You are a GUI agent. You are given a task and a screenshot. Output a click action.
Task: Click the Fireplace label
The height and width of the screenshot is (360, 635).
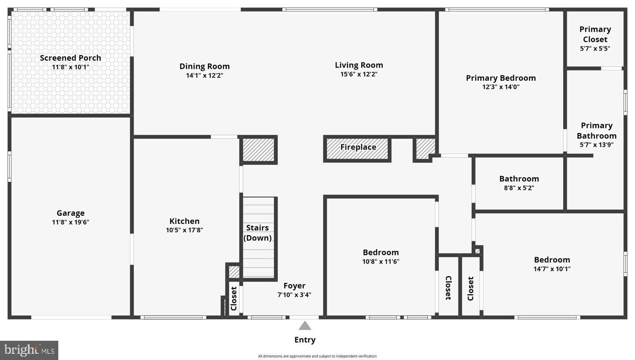tap(358, 147)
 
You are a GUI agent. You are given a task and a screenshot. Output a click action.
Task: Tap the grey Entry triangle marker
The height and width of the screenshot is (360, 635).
tap(305, 326)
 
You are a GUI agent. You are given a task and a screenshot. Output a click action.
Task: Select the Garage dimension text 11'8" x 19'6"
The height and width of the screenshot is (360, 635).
tap(71, 222)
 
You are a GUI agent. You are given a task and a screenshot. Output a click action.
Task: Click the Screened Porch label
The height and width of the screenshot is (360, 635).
tap(71, 58)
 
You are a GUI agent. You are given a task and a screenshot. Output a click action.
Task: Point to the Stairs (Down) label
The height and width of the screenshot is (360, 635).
tap(258, 233)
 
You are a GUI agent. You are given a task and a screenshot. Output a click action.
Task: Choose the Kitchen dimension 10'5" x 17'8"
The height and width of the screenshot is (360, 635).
tap(184, 230)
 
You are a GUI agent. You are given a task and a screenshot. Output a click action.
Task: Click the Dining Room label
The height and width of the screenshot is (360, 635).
tap(205, 66)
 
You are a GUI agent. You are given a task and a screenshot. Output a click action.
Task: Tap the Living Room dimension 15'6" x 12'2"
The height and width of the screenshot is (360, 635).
tap(359, 74)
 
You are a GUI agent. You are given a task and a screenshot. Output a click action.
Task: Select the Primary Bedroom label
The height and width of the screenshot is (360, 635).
tap(501, 78)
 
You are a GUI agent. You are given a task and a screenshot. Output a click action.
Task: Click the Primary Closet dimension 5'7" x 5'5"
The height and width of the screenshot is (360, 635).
tap(595, 49)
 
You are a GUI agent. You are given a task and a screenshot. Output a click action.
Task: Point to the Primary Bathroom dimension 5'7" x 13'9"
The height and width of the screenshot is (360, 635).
tap(597, 145)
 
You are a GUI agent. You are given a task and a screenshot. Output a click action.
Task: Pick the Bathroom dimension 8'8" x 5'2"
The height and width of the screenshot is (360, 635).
tap(519, 188)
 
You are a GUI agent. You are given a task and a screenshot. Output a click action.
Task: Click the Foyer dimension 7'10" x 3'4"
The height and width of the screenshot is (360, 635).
tap(294, 295)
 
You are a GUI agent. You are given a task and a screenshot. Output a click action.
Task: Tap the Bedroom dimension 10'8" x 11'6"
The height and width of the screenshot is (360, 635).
tap(381, 261)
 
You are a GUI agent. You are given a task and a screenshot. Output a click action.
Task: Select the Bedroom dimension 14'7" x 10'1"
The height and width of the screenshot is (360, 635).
tap(552, 269)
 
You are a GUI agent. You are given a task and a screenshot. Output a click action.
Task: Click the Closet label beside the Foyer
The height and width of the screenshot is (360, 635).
tap(234, 298)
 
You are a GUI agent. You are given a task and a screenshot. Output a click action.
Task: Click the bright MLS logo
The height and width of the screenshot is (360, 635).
tap(29, 350)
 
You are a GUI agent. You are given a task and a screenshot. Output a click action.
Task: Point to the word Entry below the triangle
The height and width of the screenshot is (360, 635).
tap(305, 340)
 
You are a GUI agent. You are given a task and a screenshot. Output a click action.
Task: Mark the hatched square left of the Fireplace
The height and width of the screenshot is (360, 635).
tap(258, 150)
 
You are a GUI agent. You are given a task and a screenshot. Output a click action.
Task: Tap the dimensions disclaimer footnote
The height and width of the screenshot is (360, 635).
tap(317, 356)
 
